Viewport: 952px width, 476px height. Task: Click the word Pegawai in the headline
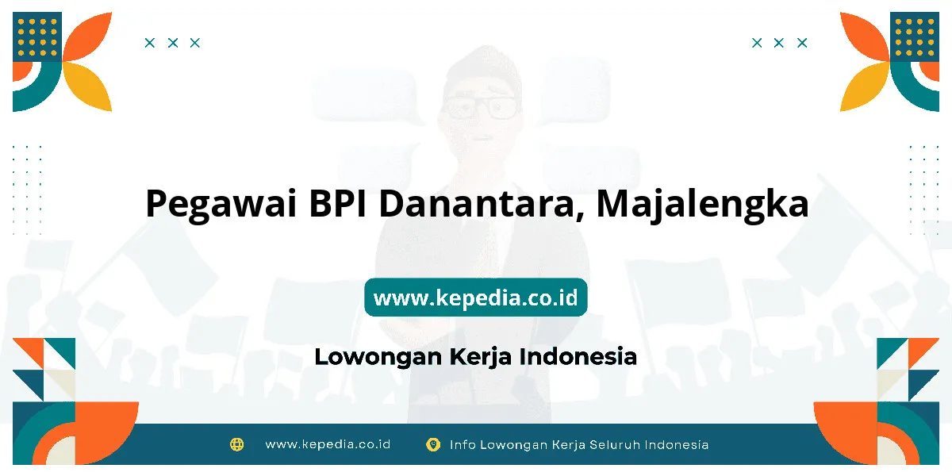[221, 204]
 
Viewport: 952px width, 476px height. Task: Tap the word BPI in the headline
[337, 203]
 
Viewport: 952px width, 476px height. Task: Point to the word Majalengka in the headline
[703, 204]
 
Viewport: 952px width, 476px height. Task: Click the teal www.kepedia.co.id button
[475, 297]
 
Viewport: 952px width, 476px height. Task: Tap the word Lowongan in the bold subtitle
[378, 357]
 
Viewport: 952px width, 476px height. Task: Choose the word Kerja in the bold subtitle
[480, 357]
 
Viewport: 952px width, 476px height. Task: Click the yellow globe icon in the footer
[236, 444]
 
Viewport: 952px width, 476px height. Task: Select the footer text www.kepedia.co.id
[328, 444]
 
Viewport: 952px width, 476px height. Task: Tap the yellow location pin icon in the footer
[432, 444]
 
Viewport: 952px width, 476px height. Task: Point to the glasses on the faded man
[481, 107]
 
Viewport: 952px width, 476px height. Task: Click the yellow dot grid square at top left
[37, 36]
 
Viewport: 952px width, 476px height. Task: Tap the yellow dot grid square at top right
[915, 36]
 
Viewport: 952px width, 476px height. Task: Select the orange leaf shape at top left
[87, 37]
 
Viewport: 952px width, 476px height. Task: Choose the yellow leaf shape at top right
[865, 86]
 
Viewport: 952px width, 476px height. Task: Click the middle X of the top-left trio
[173, 43]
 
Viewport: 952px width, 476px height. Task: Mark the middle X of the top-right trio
[778, 43]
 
